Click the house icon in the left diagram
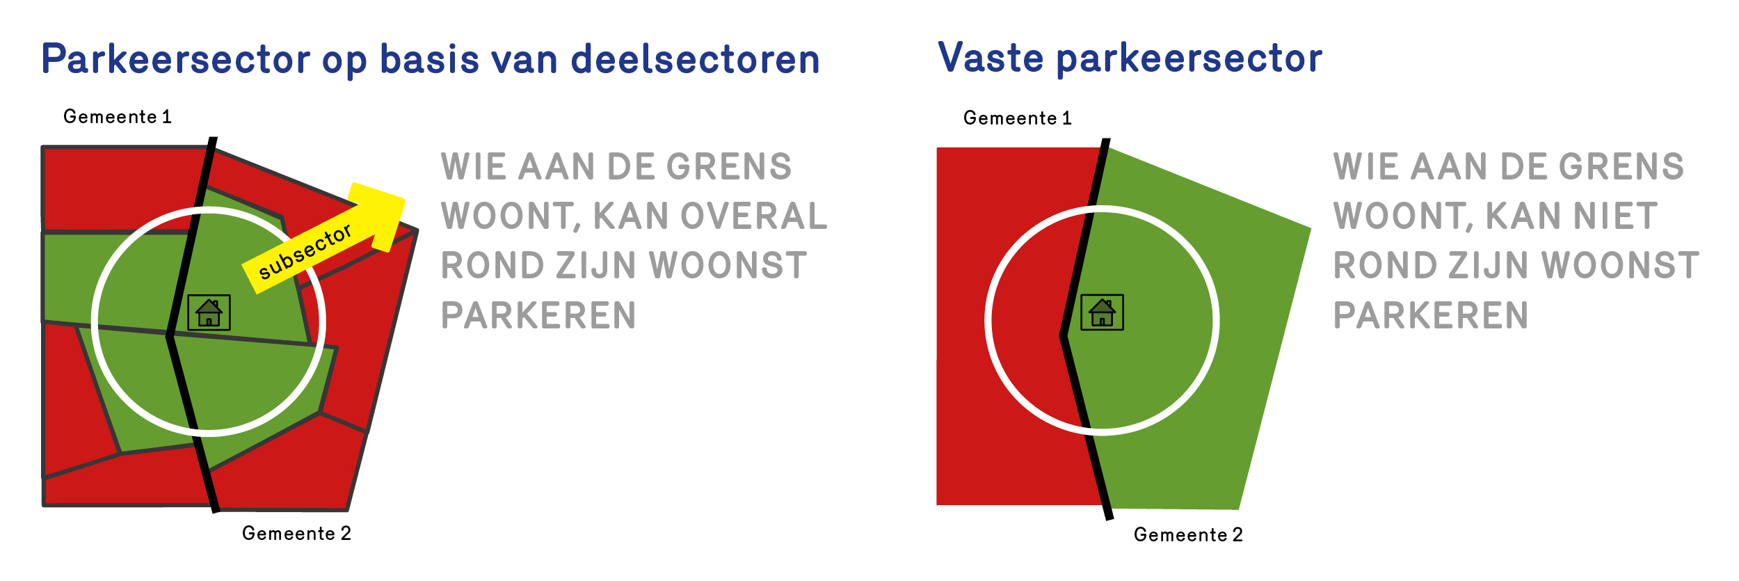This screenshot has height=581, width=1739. pyautogui.click(x=209, y=312)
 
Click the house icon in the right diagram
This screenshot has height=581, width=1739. pyautogui.click(x=1102, y=312)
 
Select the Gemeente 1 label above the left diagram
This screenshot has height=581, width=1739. pyautogui.click(x=117, y=116)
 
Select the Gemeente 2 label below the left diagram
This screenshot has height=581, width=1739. pyautogui.click(x=296, y=533)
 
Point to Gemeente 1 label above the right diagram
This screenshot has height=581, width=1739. pyautogui.click(x=1017, y=118)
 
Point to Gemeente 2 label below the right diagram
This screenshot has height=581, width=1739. pyautogui.click(x=1188, y=534)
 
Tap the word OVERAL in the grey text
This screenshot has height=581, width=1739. pyautogui.click(x=754, y=216)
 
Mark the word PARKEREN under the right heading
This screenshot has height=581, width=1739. pyautogui.click(x=1431, y=315)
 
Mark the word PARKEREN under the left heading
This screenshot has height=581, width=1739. pyautogui.click(x=538, y=315)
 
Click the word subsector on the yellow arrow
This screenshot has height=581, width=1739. pyautogui.click(x=305, y=251)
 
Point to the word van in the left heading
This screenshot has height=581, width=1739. pyautogui.click(x=524, y=60)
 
